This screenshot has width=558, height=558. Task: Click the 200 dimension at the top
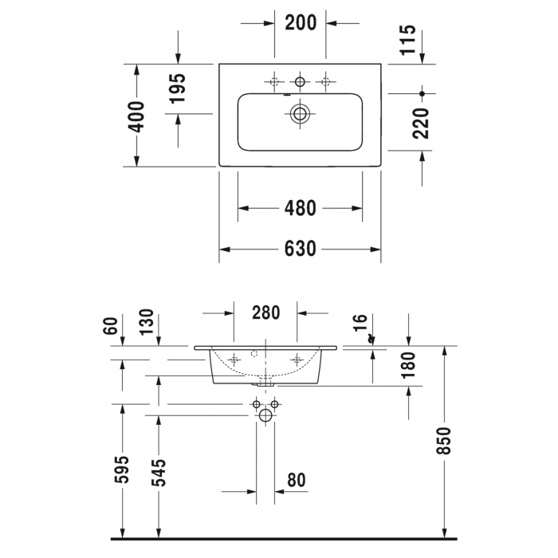[301, 22]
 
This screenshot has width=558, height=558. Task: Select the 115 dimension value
[407, 41]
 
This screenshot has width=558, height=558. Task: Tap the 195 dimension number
[177, 89]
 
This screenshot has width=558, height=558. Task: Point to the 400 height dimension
[136, 116]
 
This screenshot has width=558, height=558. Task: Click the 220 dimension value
[422, 124]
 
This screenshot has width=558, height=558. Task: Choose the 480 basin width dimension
[301, 208]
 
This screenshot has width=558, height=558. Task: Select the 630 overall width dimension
[301, 249]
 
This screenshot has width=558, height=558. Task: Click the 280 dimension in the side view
[265, 312]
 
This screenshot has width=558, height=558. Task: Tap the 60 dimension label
[111, 325]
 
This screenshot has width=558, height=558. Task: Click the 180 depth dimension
[408, 366]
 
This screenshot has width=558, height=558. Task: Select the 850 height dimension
[444, 441]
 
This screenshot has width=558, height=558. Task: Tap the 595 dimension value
[122, 472]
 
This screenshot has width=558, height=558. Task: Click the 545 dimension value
[159, 472]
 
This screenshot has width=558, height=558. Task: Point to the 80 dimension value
[296, 480]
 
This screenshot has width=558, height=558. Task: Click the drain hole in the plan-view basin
[300, 113]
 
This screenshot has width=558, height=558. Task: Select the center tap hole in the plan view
[300, 81]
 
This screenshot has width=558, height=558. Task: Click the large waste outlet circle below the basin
[265, 415]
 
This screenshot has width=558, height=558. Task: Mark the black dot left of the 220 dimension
[422, 93]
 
